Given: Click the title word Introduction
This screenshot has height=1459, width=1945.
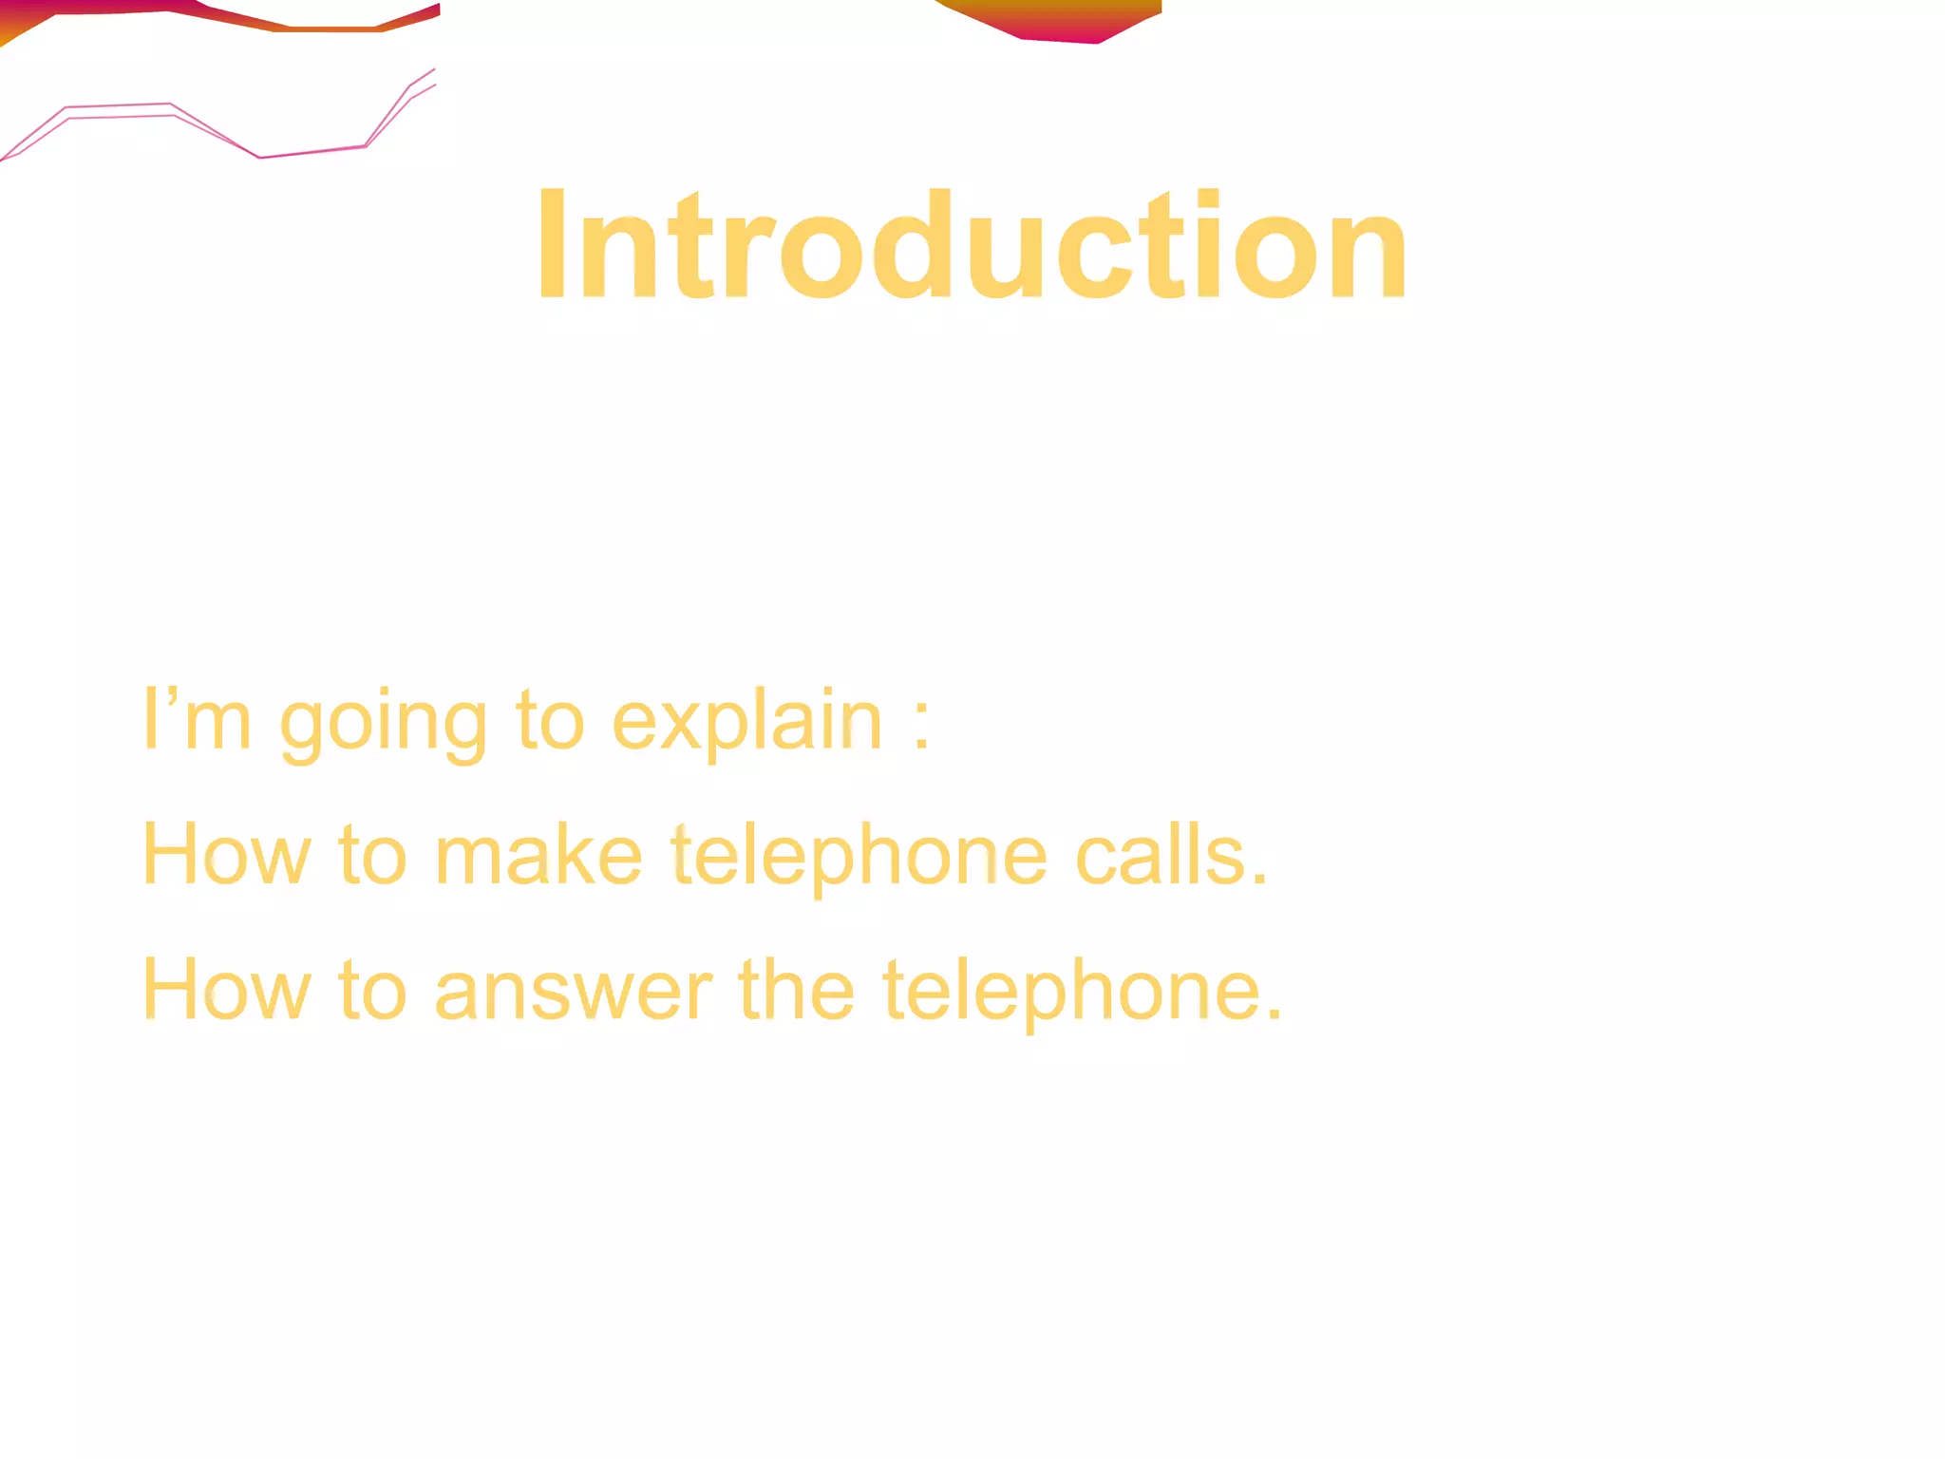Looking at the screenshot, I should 972,245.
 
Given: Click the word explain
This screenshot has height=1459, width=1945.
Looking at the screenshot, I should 746,722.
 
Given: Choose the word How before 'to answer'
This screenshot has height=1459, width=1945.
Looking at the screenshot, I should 226,990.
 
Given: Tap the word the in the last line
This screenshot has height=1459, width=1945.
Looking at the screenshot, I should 796,990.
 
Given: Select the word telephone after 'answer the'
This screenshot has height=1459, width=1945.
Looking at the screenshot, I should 1082,993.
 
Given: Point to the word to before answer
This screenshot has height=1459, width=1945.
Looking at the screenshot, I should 372,990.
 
